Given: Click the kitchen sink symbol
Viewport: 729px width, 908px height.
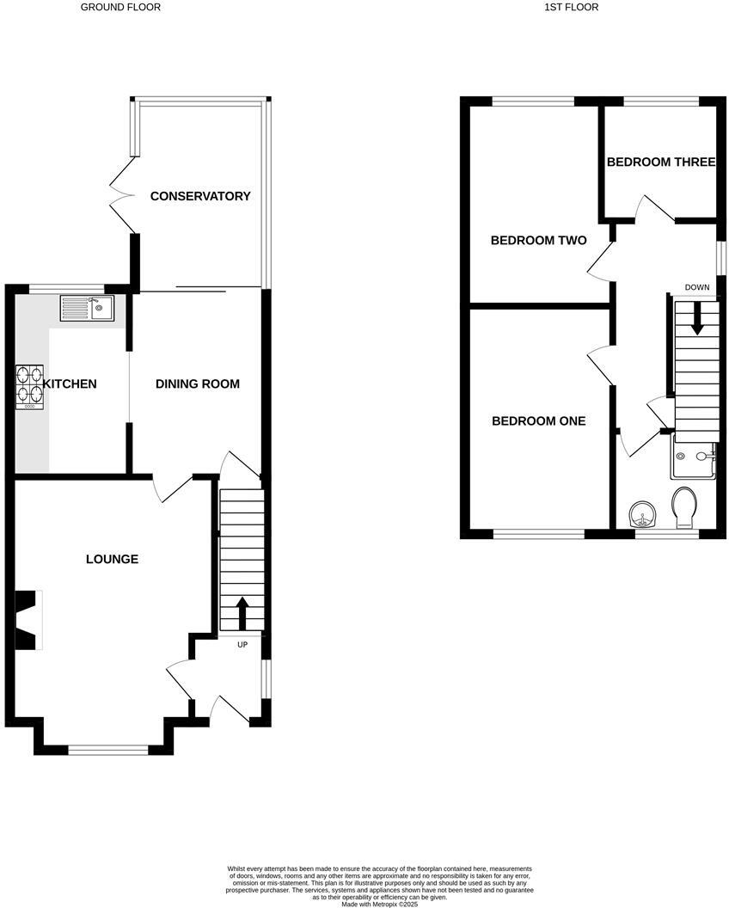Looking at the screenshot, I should click(x=87, y=308).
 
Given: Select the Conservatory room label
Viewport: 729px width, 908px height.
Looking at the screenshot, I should click(x=200, y=196).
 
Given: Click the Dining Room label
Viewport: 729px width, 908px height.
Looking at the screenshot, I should click(x=197, y=383).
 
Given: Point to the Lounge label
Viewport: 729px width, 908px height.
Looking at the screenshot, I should click(x=112, y=559).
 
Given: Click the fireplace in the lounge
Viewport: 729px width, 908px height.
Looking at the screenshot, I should click(x=28, y=619).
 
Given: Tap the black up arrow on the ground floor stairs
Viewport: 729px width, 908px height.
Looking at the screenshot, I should click(x=241, y=614).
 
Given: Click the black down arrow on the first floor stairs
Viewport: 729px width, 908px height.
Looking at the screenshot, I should click(x=697, y=320).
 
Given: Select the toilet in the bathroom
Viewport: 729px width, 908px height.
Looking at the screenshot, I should click(x=685, y=507).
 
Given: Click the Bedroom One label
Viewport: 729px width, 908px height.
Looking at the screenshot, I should click(x=538, y=421).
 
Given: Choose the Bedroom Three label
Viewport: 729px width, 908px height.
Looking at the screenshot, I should click(x=660, y=162).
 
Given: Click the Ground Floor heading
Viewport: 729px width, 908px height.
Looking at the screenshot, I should click(x=120, y=7).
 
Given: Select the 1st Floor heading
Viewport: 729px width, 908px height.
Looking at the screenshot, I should click(x=571, y=7).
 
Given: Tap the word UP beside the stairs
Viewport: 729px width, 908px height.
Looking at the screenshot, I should click(x=242, y=645).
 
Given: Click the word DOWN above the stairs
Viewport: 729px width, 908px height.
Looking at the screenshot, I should click(x=697, y=287).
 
